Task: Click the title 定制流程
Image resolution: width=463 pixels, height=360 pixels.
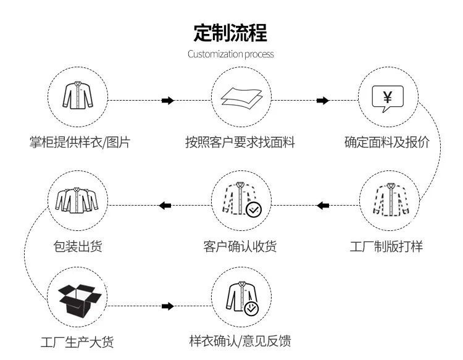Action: (231, 31)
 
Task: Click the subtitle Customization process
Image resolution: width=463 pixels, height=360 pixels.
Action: (231, 54)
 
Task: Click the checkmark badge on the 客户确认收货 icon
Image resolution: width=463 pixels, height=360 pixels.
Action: (254, 210)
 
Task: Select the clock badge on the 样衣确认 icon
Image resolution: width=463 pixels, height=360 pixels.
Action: (251, 309)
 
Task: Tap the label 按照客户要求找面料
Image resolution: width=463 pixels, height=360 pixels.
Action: (240, 143)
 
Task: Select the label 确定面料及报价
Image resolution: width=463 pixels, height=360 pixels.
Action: (387, 143)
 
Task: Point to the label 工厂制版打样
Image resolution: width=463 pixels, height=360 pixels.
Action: (386, 247)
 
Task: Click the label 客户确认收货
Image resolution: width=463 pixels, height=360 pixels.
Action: (240, 247)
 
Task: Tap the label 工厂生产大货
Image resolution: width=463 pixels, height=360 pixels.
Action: (77, 342)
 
